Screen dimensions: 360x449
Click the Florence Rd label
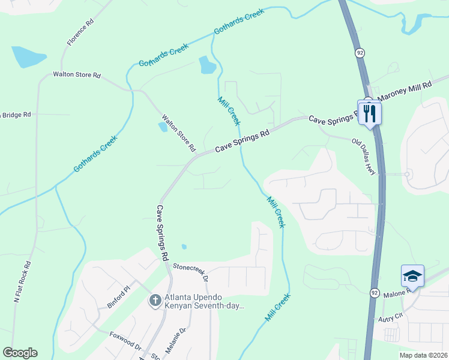click(80, 32)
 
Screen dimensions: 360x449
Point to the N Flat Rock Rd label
click(22, 281)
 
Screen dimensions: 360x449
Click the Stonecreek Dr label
click(190, 272)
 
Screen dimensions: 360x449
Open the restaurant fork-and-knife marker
click(369, 112)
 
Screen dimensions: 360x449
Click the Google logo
click(20, 353)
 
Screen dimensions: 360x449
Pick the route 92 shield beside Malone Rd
click(375, 292)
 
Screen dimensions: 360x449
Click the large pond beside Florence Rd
click(28, 57)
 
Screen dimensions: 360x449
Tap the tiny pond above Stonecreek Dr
click(184, 247)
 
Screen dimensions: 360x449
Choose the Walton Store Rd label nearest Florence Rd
click(77, 76)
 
